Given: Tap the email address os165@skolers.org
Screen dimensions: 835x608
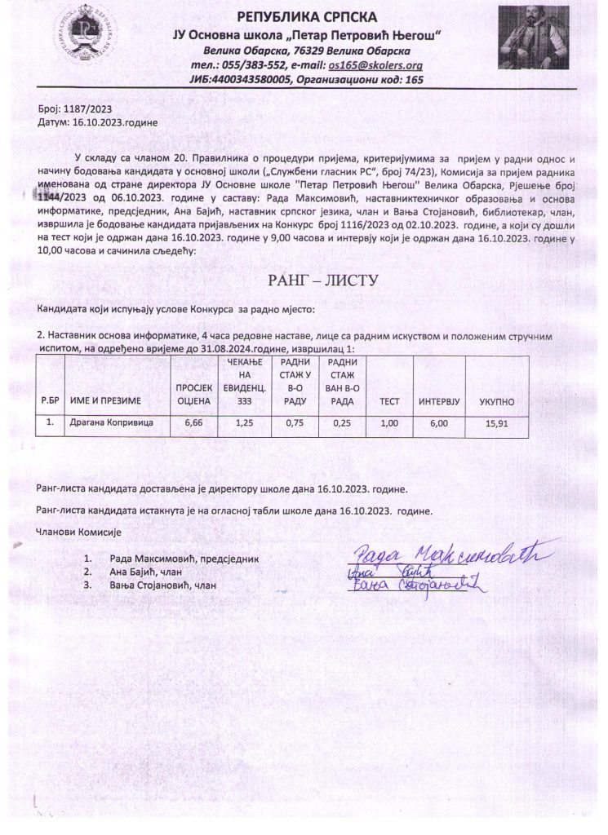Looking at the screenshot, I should point(375,65).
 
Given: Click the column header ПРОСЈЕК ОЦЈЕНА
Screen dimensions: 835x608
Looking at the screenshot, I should point(193,395).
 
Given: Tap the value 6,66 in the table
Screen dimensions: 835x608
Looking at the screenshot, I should point(193,422).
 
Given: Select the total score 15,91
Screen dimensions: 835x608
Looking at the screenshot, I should point(496,423).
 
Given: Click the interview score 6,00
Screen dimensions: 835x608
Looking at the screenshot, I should point(439,423).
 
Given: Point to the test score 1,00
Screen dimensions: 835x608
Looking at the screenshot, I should point(389,423).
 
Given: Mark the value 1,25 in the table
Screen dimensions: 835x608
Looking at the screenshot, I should point(244,422).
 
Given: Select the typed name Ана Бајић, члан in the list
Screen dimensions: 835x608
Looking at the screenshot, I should point(145,572).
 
